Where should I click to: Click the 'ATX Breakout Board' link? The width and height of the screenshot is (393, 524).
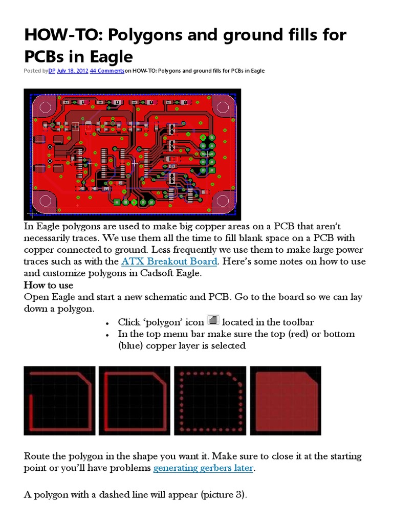169,262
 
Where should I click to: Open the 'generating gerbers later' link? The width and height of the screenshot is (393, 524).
203,468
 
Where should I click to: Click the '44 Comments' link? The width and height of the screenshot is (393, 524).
107,71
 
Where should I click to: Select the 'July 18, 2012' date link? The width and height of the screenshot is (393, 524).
72,71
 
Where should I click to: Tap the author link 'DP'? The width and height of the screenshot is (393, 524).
52,71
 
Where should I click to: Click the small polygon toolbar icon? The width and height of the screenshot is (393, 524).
214,321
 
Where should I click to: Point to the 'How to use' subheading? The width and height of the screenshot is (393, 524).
49,285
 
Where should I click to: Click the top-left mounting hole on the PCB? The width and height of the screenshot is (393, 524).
44,107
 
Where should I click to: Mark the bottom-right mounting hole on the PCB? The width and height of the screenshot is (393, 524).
224,201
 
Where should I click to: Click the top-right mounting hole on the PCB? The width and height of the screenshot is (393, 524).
224,107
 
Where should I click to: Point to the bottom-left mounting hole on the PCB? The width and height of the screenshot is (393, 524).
44,201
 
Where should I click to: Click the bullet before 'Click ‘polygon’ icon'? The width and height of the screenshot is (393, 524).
107,323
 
